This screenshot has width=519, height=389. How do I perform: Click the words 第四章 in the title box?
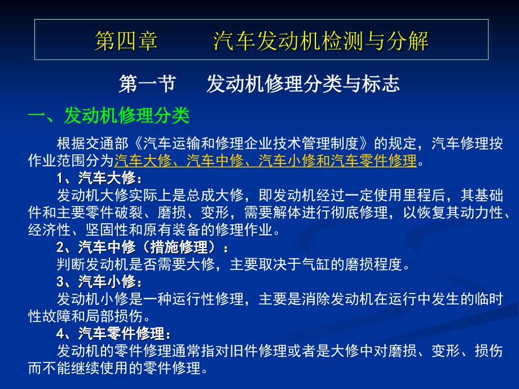click(126, 41)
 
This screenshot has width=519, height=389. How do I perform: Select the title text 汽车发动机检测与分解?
click(321, 41)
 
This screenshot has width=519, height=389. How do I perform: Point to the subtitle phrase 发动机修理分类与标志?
click(304, 85)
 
